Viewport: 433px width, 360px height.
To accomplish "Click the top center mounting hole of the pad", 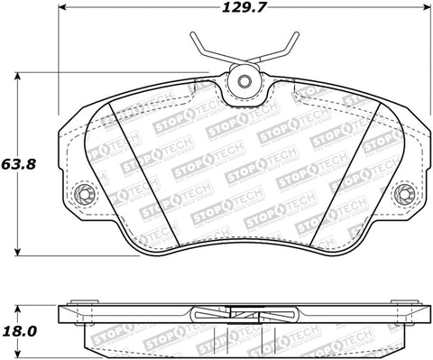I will coord(243,81).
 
